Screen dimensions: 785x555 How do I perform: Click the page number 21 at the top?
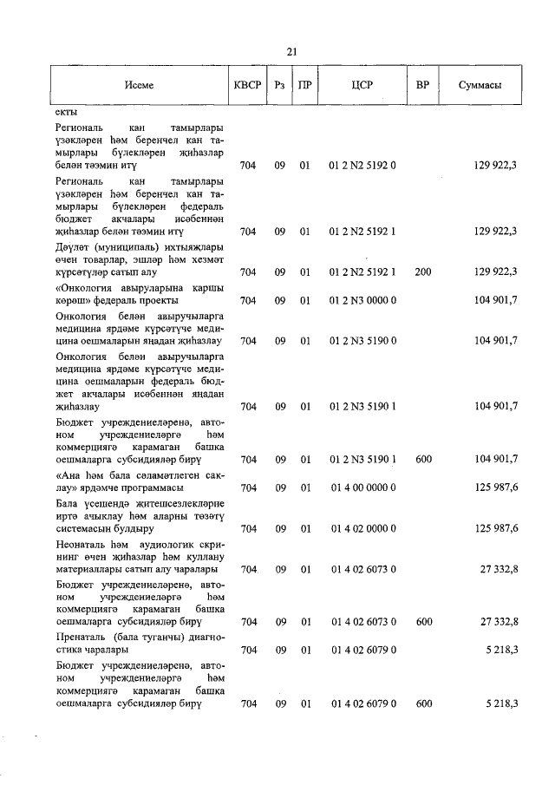pyautogui.click(x=291, y=51)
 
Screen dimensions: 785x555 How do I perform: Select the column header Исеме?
pyautogui.click(x=138, y=84)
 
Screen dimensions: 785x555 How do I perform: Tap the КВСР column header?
pyautogui.click(x=247, y=84)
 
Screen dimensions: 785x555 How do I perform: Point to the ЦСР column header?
pyautogui.click(x=362, y=84)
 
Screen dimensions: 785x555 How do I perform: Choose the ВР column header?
pyautogui.click(x=422, y=84)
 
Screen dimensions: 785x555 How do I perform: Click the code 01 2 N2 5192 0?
pyautogui.click(x=362, y=163)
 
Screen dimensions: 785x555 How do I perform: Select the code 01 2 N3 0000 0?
pyautogui.click(x=362, y=300)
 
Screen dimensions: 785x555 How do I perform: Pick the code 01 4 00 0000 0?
pyautogui.click(x=362, y=487)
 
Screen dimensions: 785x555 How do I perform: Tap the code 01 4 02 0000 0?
pyautogui.click(x=362, y=527)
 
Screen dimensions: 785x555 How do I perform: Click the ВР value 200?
pyautogui.click(x=422, y=272)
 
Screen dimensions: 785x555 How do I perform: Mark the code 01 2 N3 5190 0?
pyautogui.click(x=362, y=341)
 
